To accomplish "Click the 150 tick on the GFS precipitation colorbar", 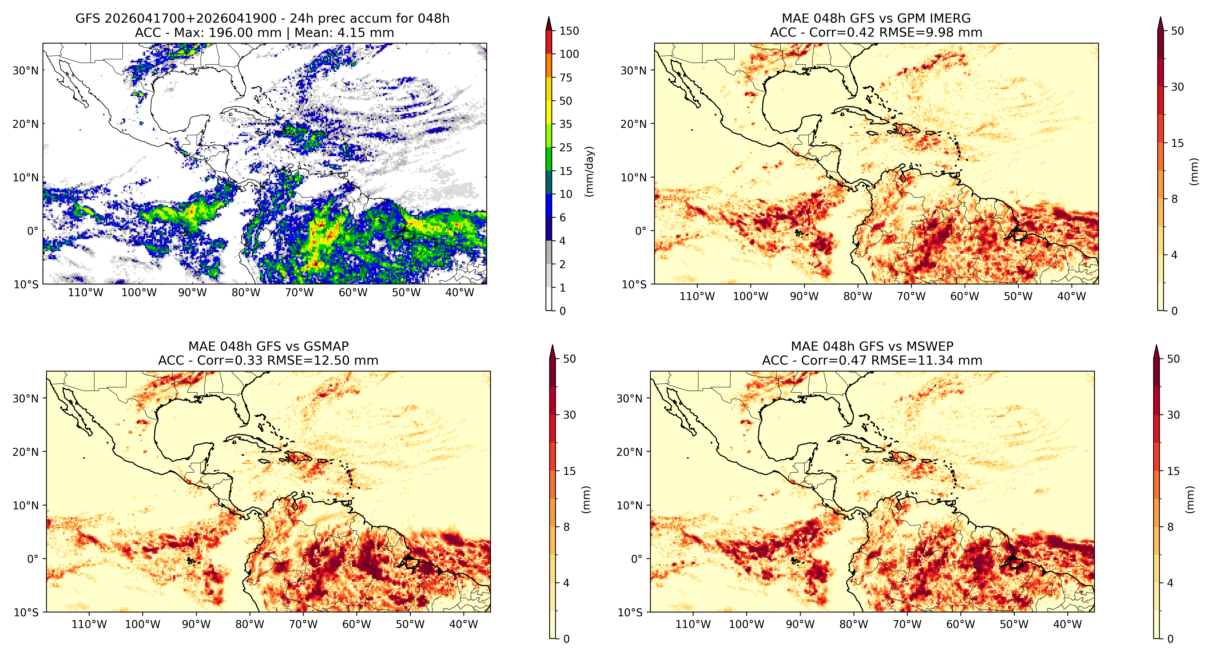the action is pos(569,31).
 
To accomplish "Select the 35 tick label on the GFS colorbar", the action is pos(566,124).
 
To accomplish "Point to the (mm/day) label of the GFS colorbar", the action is pos(589,171).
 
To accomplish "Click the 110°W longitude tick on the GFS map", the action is pos(85,293).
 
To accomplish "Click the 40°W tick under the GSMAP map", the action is pos(463,624).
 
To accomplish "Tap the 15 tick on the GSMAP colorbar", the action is pos(569,471).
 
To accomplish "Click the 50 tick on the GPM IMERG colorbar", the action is pos(1177,31).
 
